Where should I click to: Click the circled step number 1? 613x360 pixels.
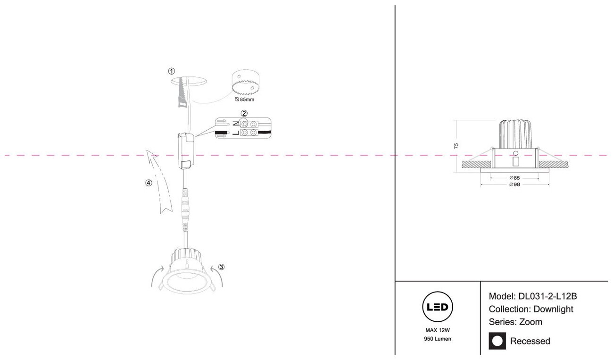click(x=172, y=71)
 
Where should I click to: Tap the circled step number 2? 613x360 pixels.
click(x=244, y=113)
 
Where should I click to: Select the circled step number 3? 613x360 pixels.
click(x=222, y=267)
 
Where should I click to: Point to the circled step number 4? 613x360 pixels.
click(x=149, y=184)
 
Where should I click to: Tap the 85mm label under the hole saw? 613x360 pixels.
click(x=245, y=100)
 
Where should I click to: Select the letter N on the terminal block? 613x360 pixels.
click(x=235, y=124)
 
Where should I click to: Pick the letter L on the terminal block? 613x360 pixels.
click(x=235, y=134)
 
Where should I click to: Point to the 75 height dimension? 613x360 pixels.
click(x=456, y=146)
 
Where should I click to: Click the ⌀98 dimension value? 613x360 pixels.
click(x=514, y=184)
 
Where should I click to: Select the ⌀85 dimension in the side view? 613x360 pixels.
click(x=514, y=178)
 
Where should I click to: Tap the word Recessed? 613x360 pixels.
click(x=530, y=341)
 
